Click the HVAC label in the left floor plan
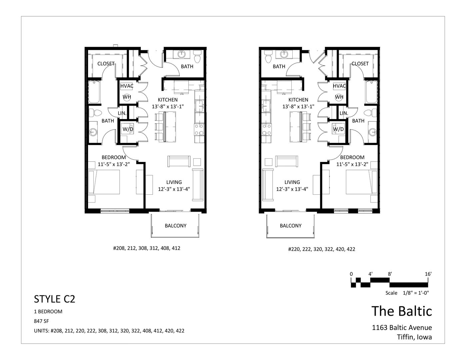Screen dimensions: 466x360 pyautogui.click(x=127, y=86)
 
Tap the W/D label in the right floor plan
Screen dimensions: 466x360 pyautogui.click(x=338, y=129)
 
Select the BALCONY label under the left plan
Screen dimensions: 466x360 pyautogui.click(x=175, y=226)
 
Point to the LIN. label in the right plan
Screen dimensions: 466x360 pyautogui.click(x=344, y=113)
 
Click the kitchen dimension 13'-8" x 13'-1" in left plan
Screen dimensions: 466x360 pyautogui.click(x=168, y=107)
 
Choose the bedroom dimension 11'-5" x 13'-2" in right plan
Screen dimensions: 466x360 pyautogui.click(x=352, y=164)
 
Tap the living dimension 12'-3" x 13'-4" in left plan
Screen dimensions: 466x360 pyautogui.click(x=174, y=189)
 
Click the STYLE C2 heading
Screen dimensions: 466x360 pyautogui.click(x=54, y=299)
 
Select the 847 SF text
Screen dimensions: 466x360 pyautogui.click(x=41, y=321)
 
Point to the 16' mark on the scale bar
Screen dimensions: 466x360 pyautogui.click(x=428, y=274)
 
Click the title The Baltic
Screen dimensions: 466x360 pyautogui.click(x=402, y=311)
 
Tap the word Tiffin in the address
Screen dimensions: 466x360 pyautogui.click(x=404, y=337)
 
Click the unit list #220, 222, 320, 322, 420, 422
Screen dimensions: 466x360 pyautogui.click(x=322, y=249)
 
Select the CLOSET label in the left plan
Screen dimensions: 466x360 pyautogui.click(x=106, y=64)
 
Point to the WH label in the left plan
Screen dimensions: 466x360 pyautogui.click(x=127, y=97)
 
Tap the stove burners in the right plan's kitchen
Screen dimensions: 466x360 pyautogui.click(x=266, y=130)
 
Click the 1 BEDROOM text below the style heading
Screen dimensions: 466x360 pyautogui.click(x=48, y=312)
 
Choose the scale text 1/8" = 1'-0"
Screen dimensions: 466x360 pyautogui.click(x=416, y=293)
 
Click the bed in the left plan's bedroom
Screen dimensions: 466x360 pyautogui.click(x=104, y=182)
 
